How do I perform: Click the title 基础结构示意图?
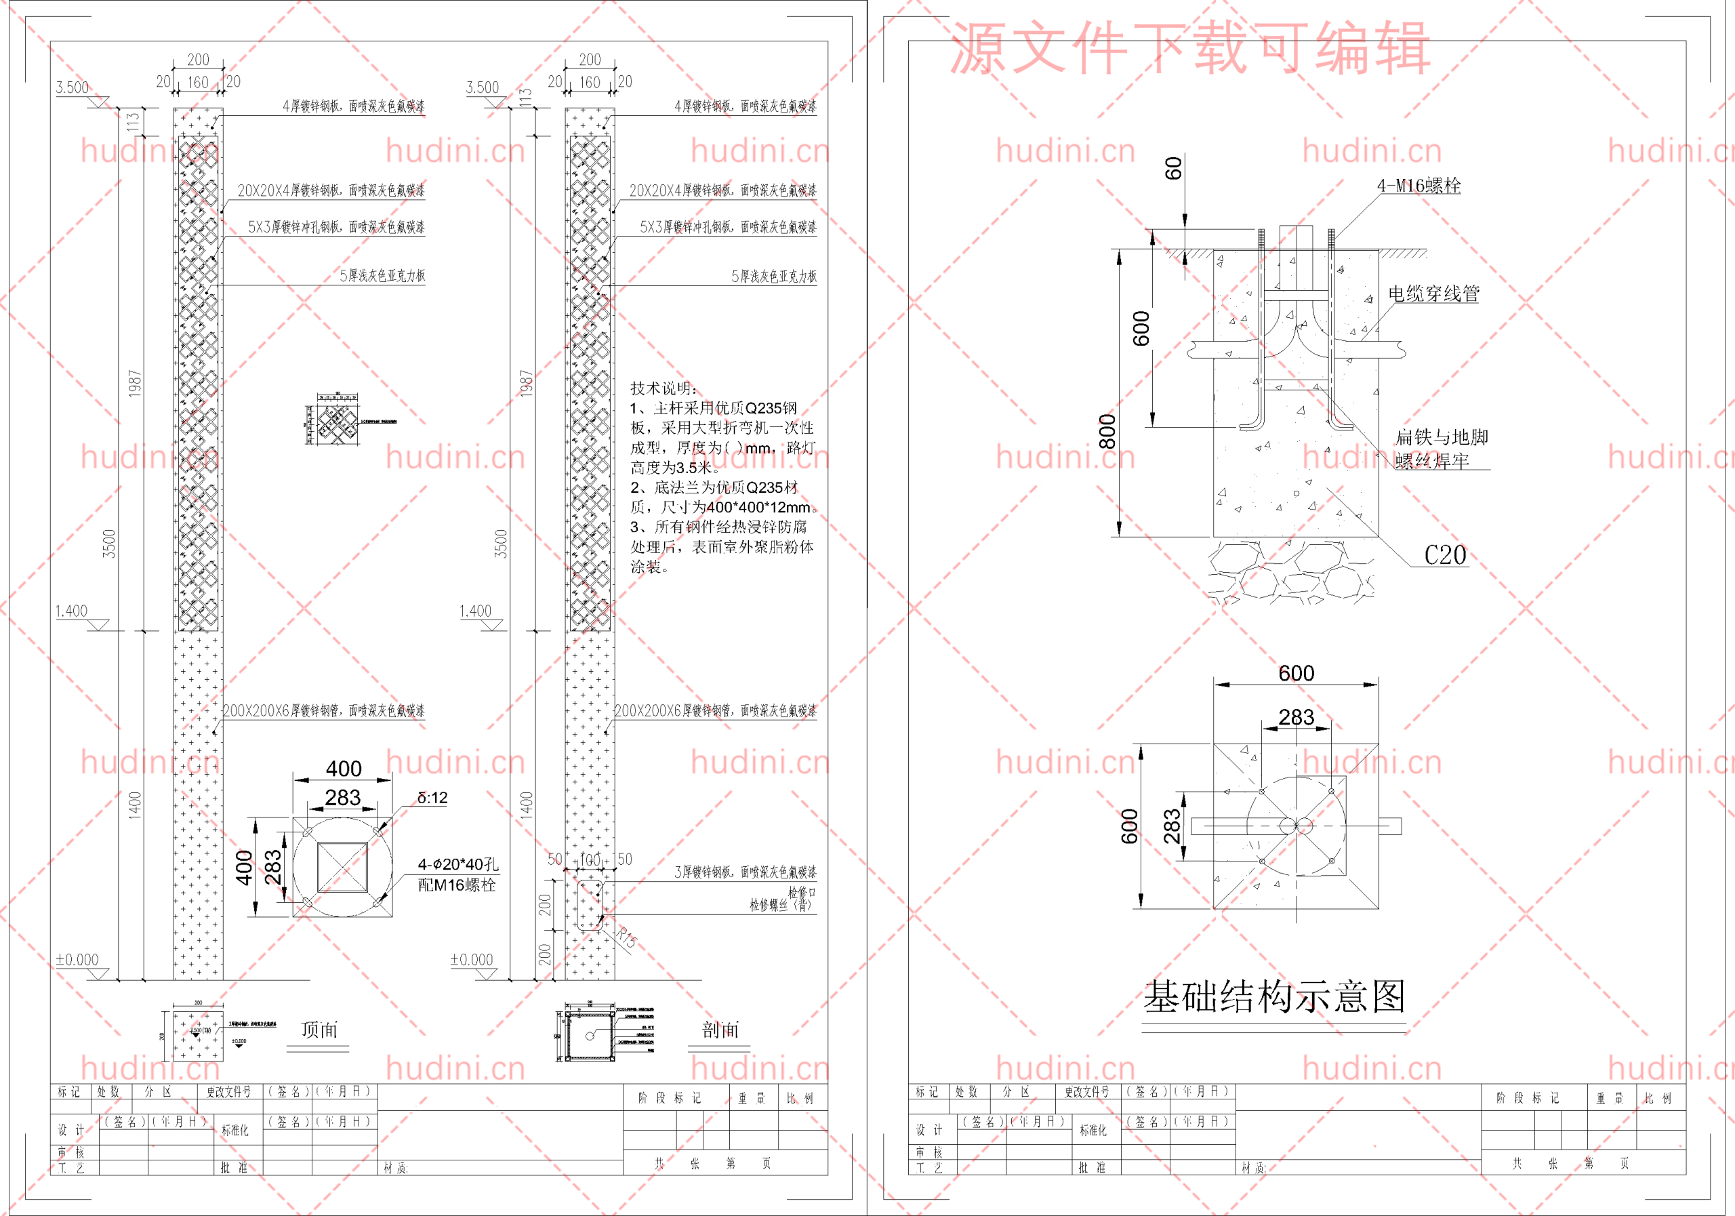pyautogui.click(x=1274, y=997)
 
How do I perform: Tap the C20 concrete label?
pyautogui.click(x=1445, y=556)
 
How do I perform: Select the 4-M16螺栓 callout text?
pyautogui.click(x=1418, y=186)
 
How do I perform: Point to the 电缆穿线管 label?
pyautogui.click(x=1433, y=293)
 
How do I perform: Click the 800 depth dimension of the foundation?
pyautogui.click(x=1107, y=431)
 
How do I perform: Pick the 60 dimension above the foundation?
pyautogui.click(x=1172, y=168)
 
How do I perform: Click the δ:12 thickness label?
pyautogui.click(x=432, y=797)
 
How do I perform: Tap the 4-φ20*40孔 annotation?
pyautogui.click(x=458, y=864)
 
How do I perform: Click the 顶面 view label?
pyautogui.click(x=319, y=1030)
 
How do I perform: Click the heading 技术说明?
pyautogui.click(x=663, y=388)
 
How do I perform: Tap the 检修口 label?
pyautogui.click(x=802, y=893)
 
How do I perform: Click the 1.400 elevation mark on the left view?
pyautogui.click(x=72, y=611)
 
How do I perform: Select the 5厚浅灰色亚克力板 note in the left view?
pyautogui.click(x=382, y=276)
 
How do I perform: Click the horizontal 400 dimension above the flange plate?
pyautogui.click(x=343, y=769)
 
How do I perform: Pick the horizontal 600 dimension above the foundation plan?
pyautogui.click(x=1296, y=672)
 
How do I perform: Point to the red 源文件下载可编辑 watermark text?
pyautogui.click(x=1189, y=48)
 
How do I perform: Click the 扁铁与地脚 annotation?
pyautogui.click(x=1441, y=437)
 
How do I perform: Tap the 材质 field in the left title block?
pyautogui.click(x=395, y=1168)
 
